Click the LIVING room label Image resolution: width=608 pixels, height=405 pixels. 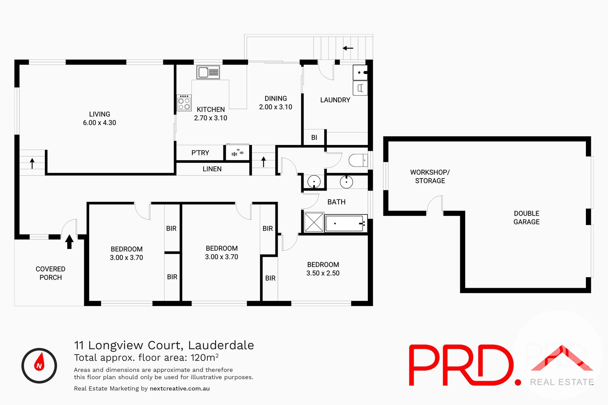point(100,114)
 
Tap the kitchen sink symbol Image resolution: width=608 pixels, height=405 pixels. point(208,72)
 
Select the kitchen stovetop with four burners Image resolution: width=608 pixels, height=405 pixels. point(184,102)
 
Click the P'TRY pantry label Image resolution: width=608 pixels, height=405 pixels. point(200,153)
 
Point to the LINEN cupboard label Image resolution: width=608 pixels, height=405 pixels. point(212,169)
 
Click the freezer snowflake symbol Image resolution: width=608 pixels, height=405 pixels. point(237,153)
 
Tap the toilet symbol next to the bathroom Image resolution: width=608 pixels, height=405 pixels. point(358,161)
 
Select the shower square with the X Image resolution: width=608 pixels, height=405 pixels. point(314,222)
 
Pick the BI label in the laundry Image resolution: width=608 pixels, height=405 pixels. point(314,137)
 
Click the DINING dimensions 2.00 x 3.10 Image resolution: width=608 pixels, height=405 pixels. point(275,107)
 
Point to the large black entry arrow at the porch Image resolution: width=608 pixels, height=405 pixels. point(69,241)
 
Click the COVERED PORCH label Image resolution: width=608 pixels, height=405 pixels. point(51,273)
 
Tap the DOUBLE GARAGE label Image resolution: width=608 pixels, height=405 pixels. point(526,217)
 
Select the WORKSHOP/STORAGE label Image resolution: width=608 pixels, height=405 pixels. point(430,176)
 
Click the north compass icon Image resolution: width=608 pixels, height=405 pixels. point(39,366)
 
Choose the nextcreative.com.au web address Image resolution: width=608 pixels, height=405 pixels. point(180,388)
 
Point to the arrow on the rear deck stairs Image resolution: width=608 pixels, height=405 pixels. point(348,48)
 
